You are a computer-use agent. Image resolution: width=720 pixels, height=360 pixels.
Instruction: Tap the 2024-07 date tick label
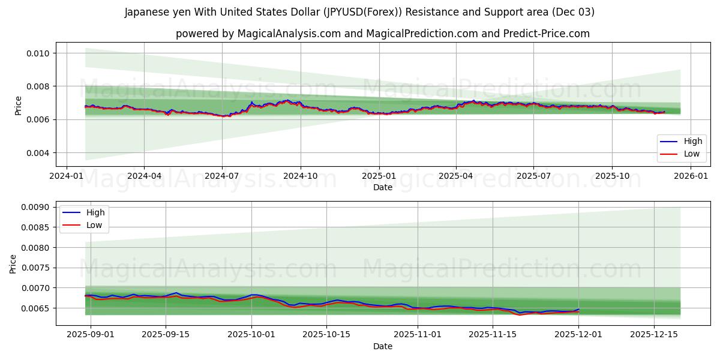[x=222, y=176]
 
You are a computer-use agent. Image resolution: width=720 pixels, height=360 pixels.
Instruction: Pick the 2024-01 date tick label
[x=65, y=176]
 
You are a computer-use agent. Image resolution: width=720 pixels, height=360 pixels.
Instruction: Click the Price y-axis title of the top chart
[x=18, y=105]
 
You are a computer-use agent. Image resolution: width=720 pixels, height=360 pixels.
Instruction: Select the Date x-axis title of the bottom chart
[x=383, y=346]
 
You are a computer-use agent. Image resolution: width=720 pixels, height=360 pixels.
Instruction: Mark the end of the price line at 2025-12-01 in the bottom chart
[x=578, y=310]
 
